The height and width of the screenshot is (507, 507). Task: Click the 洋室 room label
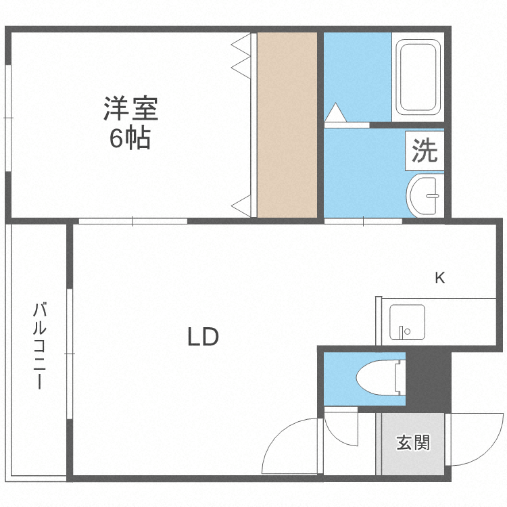tap(130, 108)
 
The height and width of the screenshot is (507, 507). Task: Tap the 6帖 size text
tap(130, 139)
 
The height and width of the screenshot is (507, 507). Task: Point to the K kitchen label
tap(439, 277)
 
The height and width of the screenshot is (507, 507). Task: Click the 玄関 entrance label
tap(412, 443)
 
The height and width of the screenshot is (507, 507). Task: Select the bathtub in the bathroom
tap(418, 77)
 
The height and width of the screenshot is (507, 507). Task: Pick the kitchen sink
tap(407, 322)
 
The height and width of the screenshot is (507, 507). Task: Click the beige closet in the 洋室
tap(287, 125)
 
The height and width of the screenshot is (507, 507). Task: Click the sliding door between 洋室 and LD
tap(132, 221)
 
